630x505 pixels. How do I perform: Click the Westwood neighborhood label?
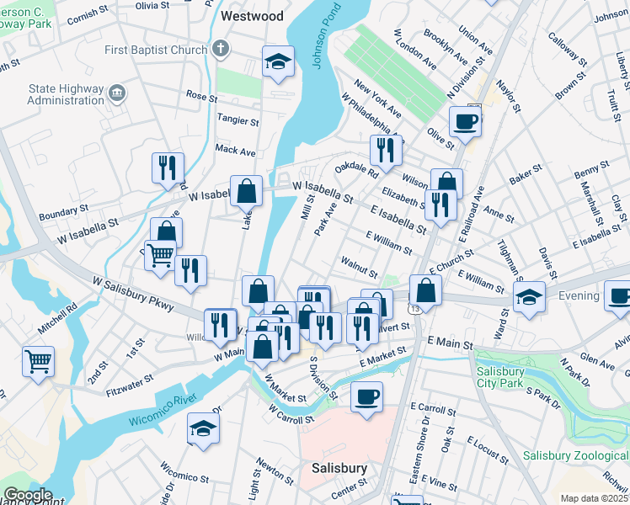pos(251,16)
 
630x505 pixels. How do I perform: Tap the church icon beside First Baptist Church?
pos(221,49)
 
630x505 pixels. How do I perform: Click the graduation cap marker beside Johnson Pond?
pos(278,62)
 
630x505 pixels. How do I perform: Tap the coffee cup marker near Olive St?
pos(465,122)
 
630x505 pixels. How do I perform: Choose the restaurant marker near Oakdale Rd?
pos(386,151)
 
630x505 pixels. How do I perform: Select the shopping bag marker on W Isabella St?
pos(246,191)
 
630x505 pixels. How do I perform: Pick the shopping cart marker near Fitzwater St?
pos(38,362)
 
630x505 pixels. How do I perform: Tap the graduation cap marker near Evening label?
pos(529,298)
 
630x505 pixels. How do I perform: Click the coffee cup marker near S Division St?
pos(366,396)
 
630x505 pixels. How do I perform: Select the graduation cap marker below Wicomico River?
pos(202,429)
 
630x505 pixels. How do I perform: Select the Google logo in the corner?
pos(27,495)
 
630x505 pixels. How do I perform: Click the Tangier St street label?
pos(237,121)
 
